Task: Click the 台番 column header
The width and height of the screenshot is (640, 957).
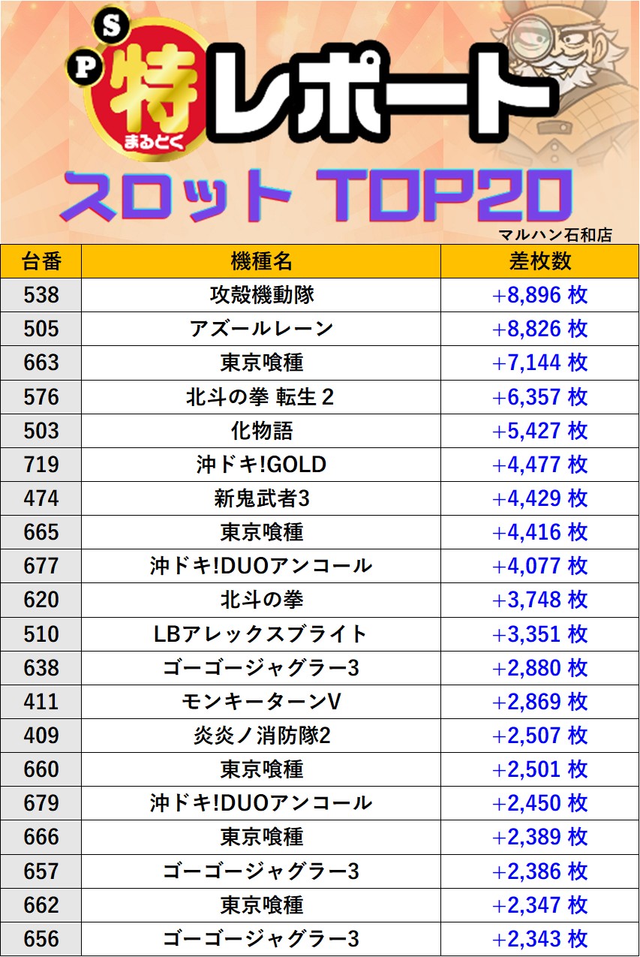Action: coord(41,260)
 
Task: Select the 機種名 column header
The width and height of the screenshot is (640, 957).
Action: coord(260,260)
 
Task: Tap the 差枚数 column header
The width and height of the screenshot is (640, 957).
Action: coord(539,260)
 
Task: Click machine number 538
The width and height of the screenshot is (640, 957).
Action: coord(41,295)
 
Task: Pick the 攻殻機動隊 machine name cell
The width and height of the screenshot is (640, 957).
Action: coord(260,295)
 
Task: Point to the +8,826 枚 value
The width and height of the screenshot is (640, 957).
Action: coord(539,329)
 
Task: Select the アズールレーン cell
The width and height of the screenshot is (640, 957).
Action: coord(260,329)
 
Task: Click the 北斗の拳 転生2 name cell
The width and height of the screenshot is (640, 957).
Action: coord(260,396)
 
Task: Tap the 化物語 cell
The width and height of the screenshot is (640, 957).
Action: coord(260,431)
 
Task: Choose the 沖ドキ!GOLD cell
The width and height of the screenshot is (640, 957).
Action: coord(260,465)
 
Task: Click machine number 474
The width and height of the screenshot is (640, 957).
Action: coord(41,498)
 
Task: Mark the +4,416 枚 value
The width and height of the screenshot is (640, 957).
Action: coord(539,532)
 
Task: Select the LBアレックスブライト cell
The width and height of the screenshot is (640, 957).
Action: coord(260,634)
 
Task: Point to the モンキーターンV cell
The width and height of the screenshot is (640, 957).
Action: coord(260,702)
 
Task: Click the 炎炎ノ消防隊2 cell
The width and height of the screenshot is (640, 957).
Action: coord(260,736)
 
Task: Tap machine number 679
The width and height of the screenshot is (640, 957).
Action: coord(41,803)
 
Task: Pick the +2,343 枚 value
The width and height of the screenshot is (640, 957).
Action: coord(539,939)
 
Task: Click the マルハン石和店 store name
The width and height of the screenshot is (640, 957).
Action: coord(555,235)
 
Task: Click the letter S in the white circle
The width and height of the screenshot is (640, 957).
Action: coord(110,28)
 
